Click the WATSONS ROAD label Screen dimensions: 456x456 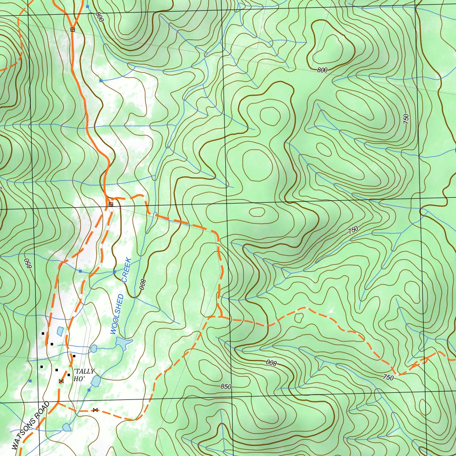29,425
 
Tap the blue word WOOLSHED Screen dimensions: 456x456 117,314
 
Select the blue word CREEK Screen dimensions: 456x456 126,270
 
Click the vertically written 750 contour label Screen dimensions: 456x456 406,119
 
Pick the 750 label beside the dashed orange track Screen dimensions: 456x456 388,378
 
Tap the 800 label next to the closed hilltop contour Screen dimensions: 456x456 322,70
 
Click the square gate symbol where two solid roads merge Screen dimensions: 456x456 73,29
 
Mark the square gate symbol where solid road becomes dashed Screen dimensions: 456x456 110,204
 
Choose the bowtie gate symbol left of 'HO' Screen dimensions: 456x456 61,381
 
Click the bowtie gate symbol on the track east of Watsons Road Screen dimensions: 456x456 95,410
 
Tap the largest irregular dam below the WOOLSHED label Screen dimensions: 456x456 122,343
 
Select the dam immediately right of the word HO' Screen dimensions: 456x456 96,381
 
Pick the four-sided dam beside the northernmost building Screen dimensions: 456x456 60,331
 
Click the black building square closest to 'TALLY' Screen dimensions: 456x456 74,356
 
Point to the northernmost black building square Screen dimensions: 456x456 43,333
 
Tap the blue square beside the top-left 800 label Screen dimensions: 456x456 88,7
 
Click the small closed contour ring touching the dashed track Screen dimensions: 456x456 298,317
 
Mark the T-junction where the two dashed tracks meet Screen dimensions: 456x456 220,317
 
